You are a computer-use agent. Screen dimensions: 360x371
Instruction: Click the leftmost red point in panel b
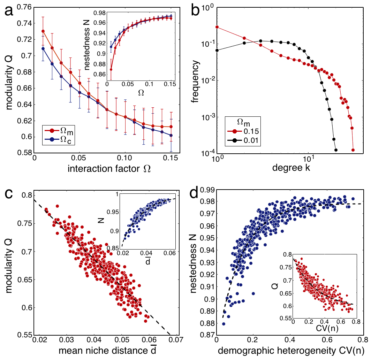coord(217,27)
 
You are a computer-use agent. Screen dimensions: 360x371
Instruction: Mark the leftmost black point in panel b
coord(217,50)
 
